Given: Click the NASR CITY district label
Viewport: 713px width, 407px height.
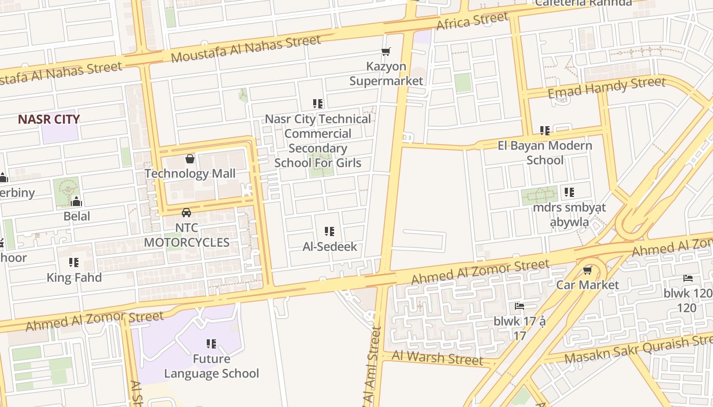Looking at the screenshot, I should [49, 120].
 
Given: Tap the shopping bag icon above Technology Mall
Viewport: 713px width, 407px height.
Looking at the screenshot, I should [190, 159].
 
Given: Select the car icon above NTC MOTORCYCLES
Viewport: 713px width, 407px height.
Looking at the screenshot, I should [186, 212].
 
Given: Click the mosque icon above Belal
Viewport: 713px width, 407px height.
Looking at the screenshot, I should [76, 201].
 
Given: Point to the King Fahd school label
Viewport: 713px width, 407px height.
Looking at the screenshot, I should [74, 278].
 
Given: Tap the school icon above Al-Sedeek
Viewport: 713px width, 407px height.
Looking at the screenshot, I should [330, 232].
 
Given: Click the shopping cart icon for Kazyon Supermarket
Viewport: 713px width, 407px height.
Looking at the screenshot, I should [386, 51].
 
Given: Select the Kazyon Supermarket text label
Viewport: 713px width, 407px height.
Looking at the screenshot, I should [387, 74].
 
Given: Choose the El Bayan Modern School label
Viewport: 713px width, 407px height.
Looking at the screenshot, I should [545, 153].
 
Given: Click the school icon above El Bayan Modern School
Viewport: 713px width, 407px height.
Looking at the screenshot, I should [545, 131].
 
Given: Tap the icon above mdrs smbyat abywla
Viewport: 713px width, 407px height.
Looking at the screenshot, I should [569, 192].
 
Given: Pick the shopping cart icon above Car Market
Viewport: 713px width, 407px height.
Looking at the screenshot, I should [588, 270].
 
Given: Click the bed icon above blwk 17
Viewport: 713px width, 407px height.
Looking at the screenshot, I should [519, 306].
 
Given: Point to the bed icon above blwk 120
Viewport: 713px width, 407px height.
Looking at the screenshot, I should [688, 278].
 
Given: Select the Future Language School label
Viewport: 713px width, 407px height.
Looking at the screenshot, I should [211, 366].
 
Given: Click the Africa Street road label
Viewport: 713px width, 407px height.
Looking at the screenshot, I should [473, 21].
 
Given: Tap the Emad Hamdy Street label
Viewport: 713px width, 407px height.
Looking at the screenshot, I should [606, 87].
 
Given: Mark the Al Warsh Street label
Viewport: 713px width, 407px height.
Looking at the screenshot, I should [437, 358].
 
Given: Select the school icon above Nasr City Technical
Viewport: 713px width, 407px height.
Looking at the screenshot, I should [318, 104].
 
